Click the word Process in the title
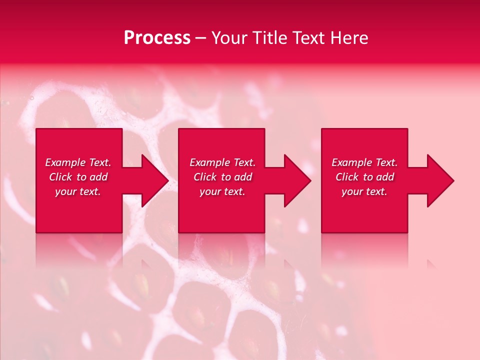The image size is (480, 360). [157, 38]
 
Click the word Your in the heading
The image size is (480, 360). [229, 38]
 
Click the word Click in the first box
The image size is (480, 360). [60, 177]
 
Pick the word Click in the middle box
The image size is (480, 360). [205, 177]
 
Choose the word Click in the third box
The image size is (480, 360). [347, 177]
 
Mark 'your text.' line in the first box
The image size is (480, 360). [78, 191]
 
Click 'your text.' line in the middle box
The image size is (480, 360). [222, 191]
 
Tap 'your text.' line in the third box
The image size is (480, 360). [364, 191]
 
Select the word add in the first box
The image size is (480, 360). [98, 177]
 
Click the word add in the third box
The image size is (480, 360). [385, 177]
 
